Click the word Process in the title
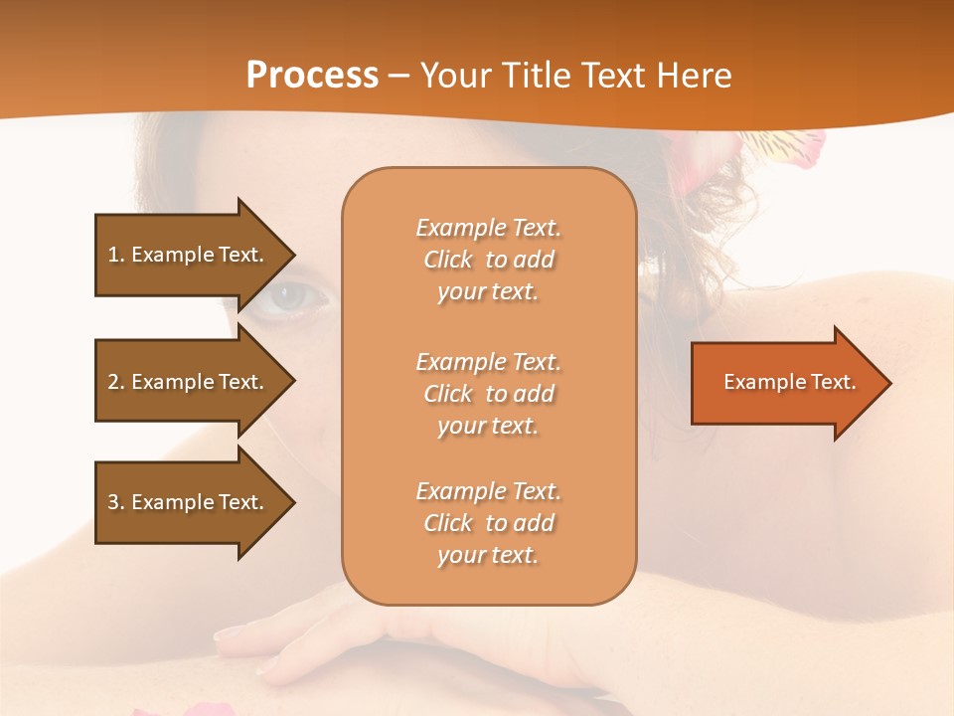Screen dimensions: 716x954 click(x=312, y=76)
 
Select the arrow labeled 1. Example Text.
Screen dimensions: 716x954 click(x=189, y=255)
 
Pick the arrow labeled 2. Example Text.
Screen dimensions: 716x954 click(x=189, y=382)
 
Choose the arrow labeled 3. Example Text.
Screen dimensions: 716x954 click(x=189, y=502)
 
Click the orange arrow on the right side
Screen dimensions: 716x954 click(x=785, y=383)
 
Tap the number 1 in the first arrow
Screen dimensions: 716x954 click(x=113, y=255)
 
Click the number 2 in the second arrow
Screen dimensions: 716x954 click(x=113, y=382)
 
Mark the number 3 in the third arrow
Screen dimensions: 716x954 click(x=113, y=502)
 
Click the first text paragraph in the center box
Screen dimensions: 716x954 click(x=488, y=260)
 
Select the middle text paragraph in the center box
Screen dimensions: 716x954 click(x=488, y=394)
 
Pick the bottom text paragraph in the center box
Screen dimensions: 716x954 click(x=488, y=523)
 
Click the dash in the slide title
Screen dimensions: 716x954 click(x=398, y=77)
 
